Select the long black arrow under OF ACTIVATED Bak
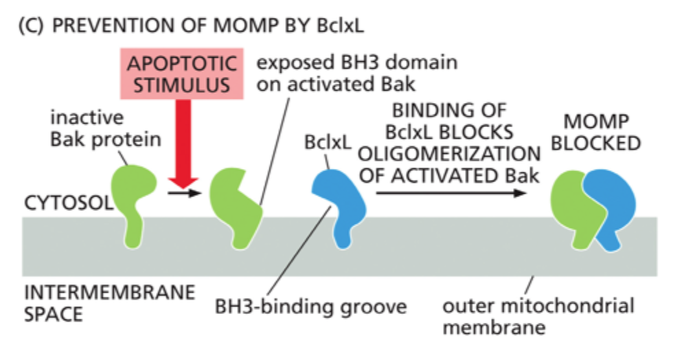pyautogui.click(x=450, y=194)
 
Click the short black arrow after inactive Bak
pyautogui.click(x=181, y=194)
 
